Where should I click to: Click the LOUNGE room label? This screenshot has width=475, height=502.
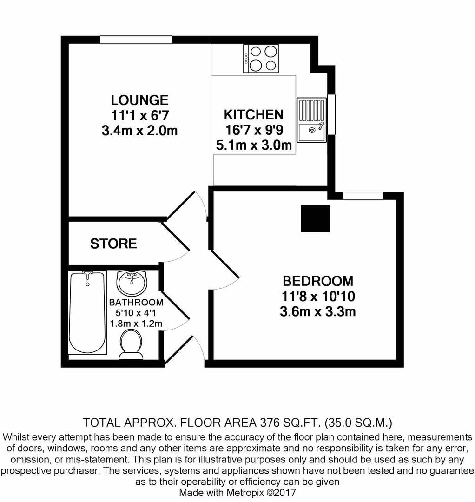point(139,100)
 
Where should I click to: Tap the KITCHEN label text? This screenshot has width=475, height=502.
point(253,115)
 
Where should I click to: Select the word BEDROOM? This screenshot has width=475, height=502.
point(318,281)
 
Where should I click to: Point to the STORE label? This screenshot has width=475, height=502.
point(113,244)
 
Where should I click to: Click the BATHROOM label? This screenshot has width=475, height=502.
point(136,303)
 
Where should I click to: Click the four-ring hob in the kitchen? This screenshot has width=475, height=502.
point(261,59)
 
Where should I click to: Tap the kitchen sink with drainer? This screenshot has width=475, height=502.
point(311,120)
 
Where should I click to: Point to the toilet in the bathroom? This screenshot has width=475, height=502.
point(131,344)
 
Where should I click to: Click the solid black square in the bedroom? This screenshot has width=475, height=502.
point(315,218)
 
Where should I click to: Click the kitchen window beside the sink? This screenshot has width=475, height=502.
point(331,114)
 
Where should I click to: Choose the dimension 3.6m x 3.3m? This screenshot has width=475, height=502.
point(318,311)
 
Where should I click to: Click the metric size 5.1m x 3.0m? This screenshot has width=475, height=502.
point(254,145)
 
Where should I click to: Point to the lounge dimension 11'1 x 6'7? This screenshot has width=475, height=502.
point(139,115)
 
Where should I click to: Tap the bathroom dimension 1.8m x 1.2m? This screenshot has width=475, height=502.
point(136,323)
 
